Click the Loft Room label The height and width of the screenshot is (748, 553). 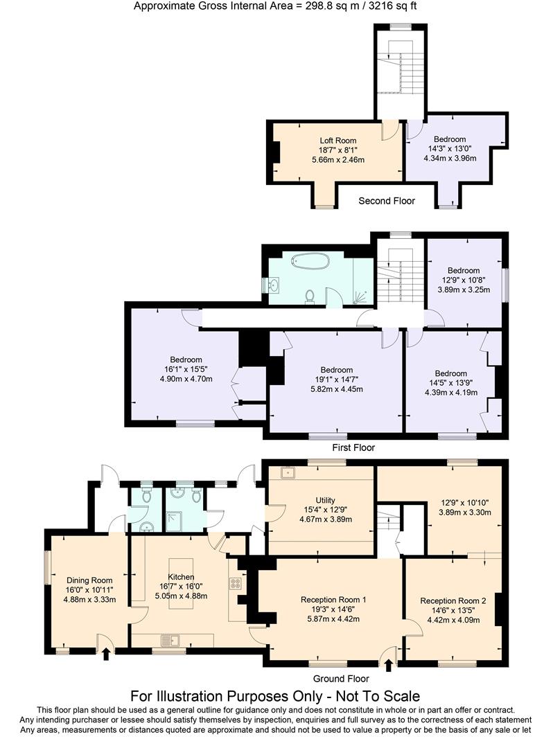[338, 141]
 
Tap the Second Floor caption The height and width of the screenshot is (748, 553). [387, 201]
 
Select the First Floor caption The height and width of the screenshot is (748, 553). [353, 447]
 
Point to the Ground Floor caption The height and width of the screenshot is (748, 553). [341, 679]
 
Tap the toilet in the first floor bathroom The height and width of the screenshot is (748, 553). [310, 296]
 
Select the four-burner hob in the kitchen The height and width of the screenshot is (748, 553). [235, 583]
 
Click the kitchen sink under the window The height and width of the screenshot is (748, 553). [170, 639]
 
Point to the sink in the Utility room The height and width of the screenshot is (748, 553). [287, 474]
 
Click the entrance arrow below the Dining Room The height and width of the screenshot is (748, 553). [105, 654]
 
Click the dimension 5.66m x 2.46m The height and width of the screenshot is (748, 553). [338, 160]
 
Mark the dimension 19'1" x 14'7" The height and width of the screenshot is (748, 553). [336, 380]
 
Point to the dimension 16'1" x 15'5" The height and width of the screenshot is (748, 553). [186, 369]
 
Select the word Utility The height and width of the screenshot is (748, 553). [325, 500]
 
